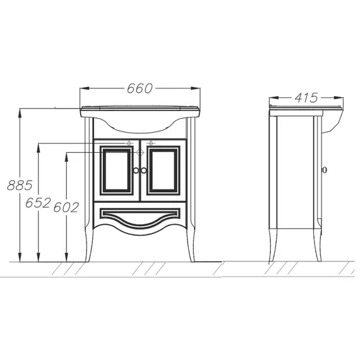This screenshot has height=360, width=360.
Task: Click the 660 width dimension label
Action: click(140, 88)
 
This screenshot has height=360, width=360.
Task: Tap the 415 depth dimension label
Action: click(306, 98)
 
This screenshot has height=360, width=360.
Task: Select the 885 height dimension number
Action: click(20, 185)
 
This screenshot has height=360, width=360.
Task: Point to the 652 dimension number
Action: click(38, 203)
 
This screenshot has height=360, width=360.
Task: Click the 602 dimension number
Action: click(66, 208)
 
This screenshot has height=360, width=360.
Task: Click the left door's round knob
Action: click(136, 171)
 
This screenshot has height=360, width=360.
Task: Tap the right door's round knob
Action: click(144, 171)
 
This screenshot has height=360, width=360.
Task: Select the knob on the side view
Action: click(324, 170)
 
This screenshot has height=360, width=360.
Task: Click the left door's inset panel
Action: click(117, 171)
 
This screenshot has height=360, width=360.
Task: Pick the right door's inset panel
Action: click(163, 171)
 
